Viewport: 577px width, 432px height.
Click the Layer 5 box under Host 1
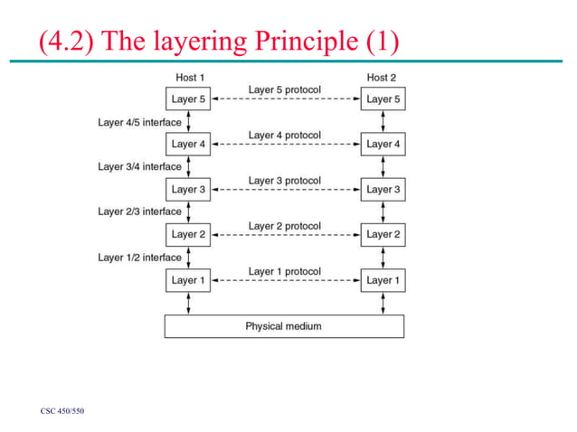[189, 99]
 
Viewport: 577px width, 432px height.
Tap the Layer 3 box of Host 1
[189, 190]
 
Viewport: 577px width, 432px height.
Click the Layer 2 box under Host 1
[189, 235]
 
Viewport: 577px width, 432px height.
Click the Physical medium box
[284, 326]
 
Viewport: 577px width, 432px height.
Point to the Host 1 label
[189, 78]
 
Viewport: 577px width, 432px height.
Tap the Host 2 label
[382, 78]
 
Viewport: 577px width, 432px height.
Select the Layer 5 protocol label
[285, 90]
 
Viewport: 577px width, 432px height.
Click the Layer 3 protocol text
[285, 181]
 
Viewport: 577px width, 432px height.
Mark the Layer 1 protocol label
[285, 271]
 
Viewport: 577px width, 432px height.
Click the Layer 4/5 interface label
[139, 122]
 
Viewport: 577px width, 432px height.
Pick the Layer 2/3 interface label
[139, 211]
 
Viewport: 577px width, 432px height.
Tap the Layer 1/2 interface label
[139, 257]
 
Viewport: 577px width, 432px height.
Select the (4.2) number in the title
[64, 41]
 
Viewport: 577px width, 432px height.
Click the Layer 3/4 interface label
[139, 166]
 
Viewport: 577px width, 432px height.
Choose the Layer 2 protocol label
[285, 226]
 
